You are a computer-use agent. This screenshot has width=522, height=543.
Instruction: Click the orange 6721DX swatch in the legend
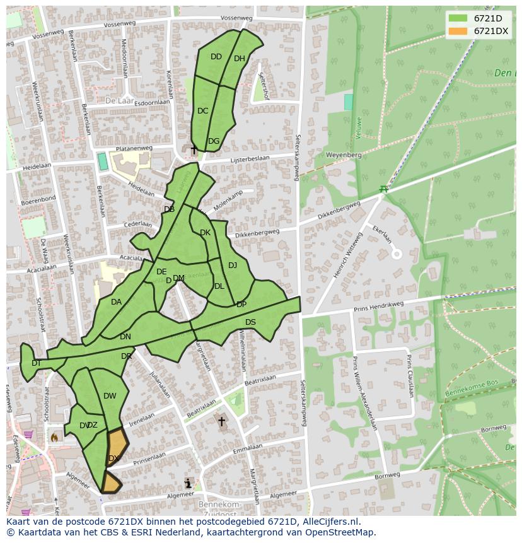tap(458, 31)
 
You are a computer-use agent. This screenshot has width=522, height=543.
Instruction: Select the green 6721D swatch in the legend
tap(458, 18)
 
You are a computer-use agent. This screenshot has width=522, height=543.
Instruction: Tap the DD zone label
tap(216, 57)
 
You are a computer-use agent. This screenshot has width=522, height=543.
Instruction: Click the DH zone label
tap(240, 59)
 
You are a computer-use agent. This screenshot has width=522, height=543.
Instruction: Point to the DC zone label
tap(202, 111)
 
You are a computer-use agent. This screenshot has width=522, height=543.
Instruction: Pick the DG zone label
tap(214, 141)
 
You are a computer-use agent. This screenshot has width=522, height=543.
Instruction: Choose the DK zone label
tap(205, 233)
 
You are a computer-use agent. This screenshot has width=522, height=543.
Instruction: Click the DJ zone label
tap(233, 266)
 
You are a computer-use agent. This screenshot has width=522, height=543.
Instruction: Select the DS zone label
tap(250, 322)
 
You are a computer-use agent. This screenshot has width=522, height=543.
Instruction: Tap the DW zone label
tap(110, 396)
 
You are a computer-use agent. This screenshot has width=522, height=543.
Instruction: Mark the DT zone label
tap(37, 363)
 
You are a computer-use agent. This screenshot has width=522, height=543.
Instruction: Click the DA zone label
tap(116, 302)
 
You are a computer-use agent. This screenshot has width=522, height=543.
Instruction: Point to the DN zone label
tap(125, 337)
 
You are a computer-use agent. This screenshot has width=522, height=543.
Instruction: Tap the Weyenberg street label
tap(344, 155)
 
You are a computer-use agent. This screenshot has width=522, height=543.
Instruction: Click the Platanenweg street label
tap(131, 149)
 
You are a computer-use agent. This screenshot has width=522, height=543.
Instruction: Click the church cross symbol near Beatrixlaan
tap(221, 421)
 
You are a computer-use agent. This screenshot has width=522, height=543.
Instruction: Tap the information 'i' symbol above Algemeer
tap(188, 483)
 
